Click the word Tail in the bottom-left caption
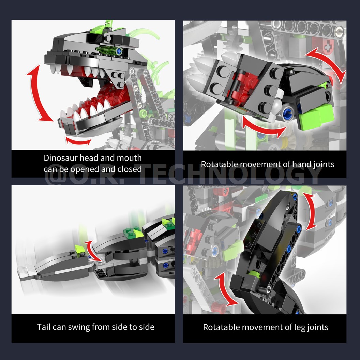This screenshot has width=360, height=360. pyautogui.click(x=44, y=327)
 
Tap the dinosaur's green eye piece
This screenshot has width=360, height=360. pyautogui.click(x=108, y=51)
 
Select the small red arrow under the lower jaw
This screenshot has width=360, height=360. pyautogui.click(x=78, y=141)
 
